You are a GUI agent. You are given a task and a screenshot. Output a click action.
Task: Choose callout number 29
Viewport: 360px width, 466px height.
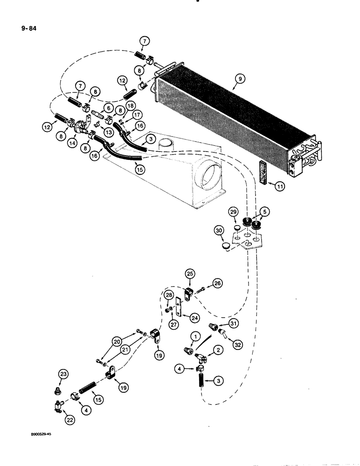233,212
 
